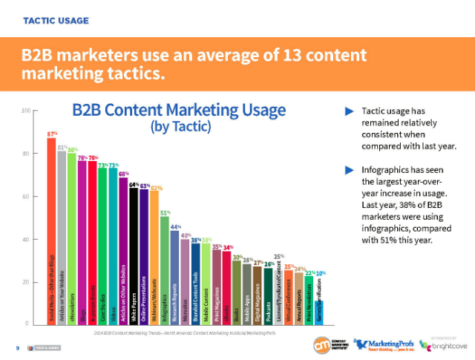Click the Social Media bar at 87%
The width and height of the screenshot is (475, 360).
(51, 230)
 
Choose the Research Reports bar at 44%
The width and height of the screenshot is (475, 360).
(175, 278)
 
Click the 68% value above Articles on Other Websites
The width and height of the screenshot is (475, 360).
(123, 173)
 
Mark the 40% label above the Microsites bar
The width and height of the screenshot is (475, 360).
(186, 235)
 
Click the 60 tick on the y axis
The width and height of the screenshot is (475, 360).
(26, 197)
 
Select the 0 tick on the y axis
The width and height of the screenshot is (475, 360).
(27, 324)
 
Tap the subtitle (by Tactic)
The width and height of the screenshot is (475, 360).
(180, 127)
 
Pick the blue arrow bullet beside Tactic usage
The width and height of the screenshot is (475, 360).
(350, 111)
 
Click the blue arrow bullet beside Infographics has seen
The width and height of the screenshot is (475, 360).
(350, 169)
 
